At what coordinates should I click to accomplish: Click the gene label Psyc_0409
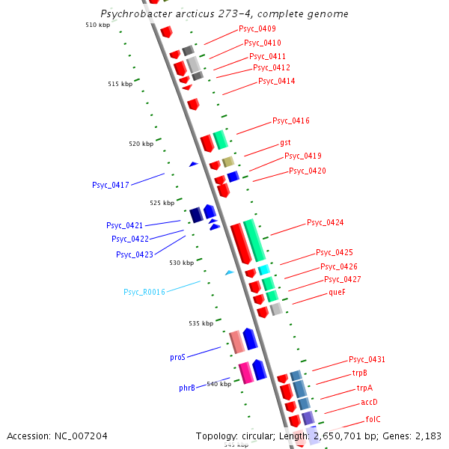[257, 28]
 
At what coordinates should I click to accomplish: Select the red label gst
[285, 142]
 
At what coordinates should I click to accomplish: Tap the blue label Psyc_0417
[111, 185]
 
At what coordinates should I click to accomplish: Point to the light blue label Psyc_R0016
[144, 292]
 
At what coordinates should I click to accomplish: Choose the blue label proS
[177, 358]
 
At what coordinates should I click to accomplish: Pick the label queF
[337, 293]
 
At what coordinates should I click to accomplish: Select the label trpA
[364, 388]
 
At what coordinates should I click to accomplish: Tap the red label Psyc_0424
[326, 222]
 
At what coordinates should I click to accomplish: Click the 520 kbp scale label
[141, 144]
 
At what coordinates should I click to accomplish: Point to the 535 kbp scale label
[201, 323]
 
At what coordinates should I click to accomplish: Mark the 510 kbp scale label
[97, 25]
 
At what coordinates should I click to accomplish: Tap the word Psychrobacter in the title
[134, 14]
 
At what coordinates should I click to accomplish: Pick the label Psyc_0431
[367, 359]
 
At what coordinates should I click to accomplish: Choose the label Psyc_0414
[276, 81]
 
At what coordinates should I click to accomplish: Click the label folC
[373, 419]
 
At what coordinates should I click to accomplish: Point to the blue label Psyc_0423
[135, 254]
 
